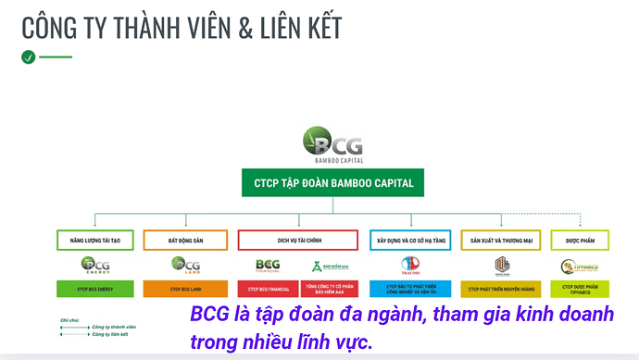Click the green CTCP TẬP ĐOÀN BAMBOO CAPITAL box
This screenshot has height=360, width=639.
(333, 183)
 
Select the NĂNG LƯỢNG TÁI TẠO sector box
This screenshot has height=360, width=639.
(95, 241)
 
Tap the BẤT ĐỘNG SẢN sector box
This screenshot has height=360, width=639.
(186, 241)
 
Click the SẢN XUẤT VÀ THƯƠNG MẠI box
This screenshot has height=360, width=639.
(501, 241)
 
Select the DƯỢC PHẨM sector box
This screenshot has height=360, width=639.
(580, 241)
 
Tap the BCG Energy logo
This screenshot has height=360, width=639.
(95, 267)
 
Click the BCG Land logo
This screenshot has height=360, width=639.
(186, 267)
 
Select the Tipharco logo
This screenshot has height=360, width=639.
(580, 267)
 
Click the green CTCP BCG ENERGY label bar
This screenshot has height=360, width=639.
(95, 290)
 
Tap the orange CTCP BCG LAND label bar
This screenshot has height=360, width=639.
(186, 290)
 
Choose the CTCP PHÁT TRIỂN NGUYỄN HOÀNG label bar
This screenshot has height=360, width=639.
(501, 290)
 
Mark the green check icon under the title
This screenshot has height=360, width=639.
(28, 56)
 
